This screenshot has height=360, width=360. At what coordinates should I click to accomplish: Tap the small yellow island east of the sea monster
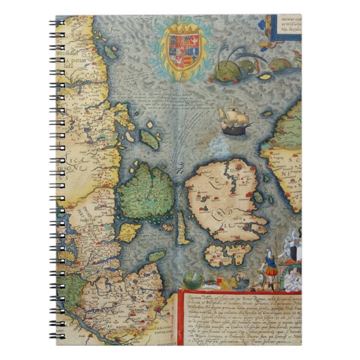[277, 65]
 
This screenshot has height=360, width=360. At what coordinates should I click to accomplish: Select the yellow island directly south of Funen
[129, 232]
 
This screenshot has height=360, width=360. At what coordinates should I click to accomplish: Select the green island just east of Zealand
[258, 198]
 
